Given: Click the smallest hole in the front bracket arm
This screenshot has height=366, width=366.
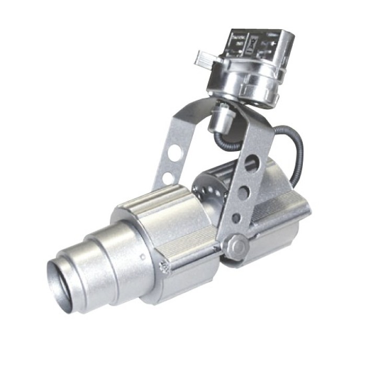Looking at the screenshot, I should pos(237,217).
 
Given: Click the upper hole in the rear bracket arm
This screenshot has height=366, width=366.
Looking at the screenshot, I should pos(176,152).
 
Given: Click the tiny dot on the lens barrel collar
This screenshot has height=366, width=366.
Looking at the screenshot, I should pos(143,256).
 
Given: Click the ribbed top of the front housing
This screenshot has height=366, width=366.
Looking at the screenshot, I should pos(157,201).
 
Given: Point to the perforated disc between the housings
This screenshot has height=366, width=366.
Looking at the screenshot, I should pos(207,191).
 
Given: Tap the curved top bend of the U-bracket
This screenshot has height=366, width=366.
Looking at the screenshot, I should pos(209,102).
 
